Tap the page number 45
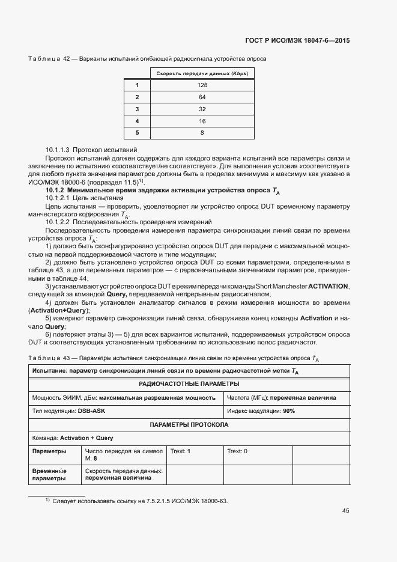[x=345, y=511]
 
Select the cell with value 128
[x=202, y=85]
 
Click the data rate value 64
[x=202, y=97]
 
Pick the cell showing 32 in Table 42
[x=202, y=109]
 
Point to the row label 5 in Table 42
[x=137, y=132]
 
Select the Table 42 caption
[x=147, y=59]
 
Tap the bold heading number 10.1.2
[x=57, y=189]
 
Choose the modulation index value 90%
[x=289, y=411]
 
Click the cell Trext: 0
[x=238, y=451]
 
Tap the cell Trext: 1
[x=181, y=451]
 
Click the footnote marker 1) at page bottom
[x=47, y=501]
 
